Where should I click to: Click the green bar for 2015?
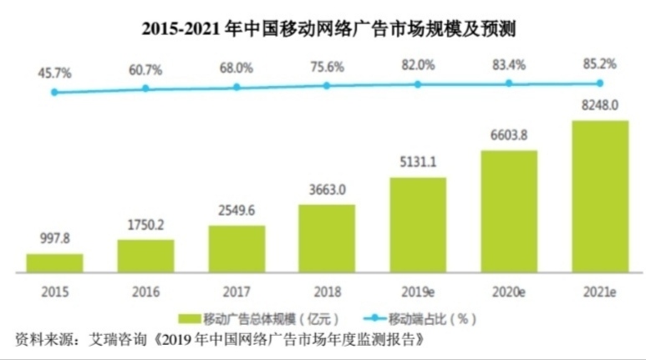[x=54, y=262]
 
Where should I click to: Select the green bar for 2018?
[x=327, y=237]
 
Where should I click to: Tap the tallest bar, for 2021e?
[x=599, y=195]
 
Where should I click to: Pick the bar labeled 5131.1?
[x=418, y=224]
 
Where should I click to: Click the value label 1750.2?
[x=145, y=226]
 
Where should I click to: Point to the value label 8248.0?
[x=599, y=105]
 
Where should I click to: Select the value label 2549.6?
[x=237, y=211]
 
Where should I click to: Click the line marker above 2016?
[x=145, y=88]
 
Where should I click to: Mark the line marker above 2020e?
[x=509, y=83]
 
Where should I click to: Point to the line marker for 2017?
[x=237, y=86]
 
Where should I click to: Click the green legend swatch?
[x=190, y=319]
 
